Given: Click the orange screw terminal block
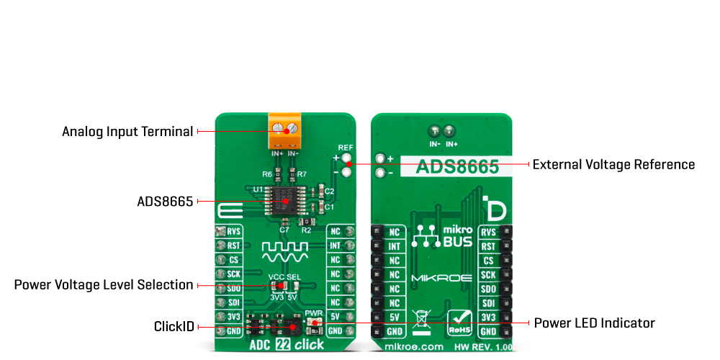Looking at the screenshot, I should point(285,129).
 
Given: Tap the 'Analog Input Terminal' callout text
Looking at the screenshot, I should point(127,132).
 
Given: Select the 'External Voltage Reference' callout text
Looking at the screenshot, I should point(613,165).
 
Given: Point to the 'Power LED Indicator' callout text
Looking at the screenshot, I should point(594,323).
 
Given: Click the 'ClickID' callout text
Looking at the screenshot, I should point(174,326).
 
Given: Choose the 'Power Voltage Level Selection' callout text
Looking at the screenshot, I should point(104,284).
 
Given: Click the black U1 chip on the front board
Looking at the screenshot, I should point(287,199).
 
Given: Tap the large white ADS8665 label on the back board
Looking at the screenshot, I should point(457,167).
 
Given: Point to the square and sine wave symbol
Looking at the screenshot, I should point(285,252).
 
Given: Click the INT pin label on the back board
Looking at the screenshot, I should point(394,246).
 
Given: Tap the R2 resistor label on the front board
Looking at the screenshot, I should point(305,230).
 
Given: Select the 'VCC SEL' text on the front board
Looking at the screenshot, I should point(284,276).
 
